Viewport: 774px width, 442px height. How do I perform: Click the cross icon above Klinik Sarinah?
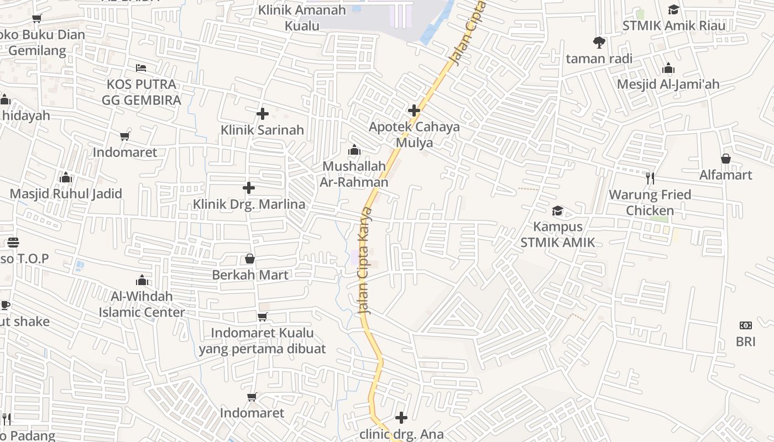coord(263,114)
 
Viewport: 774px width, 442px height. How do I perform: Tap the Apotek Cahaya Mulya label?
coord(414,134)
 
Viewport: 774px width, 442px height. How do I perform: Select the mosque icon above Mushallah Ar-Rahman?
coord(354,150)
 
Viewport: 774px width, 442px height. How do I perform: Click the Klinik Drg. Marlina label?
coord(249,204)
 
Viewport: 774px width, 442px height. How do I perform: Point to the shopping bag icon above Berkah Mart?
coord(250,259)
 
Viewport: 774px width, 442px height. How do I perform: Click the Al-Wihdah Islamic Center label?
coord(142,304)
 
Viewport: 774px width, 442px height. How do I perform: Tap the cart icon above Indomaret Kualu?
coord(263,317)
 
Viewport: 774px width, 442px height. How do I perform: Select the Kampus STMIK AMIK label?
coord(558,234)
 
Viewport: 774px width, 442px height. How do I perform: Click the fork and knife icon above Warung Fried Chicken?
coord(650,178)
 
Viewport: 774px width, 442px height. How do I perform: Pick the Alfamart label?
coord(725,175)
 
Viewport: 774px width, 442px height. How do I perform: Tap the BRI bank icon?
coord(745,325)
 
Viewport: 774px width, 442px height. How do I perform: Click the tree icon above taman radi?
coord(599,42)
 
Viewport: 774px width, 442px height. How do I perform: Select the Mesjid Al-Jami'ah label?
coord(668,84)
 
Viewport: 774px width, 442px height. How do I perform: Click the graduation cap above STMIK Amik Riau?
coord(673,9)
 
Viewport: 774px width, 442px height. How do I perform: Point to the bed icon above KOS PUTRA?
coord(141,68)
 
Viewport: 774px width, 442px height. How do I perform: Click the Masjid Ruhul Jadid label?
coord(66,194)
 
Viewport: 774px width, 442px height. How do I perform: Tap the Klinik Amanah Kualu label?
coord(302,18)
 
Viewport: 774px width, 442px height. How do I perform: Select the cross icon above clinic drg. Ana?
coord(401,418)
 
